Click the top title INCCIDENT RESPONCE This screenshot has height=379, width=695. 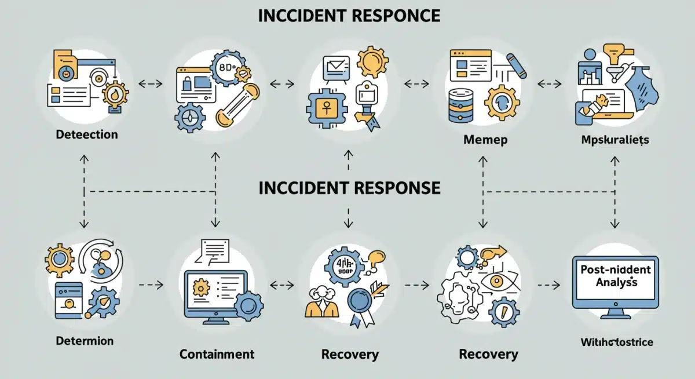click(x=349, y=16)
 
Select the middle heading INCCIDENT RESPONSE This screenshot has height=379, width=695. click(x=349, y=188)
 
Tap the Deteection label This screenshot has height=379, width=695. click(x=87, y=134)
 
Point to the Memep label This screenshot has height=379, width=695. click(x=485, y=140)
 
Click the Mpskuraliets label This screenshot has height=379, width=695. click(x=614, y=140)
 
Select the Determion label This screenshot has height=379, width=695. click(x=85, y=340)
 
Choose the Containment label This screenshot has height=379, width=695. click(x=217, y=354)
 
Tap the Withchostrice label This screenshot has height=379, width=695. click(x=616, y=342)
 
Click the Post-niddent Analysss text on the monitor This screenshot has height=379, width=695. click(x=614, y=276)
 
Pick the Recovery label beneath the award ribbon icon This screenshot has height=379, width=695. click(x=350, y=354)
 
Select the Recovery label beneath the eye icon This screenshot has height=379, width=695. click(x=488, y=354)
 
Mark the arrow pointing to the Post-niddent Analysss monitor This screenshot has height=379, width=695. click(x=549, y=285)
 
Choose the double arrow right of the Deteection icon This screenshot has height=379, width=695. click(x=151, y=84)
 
